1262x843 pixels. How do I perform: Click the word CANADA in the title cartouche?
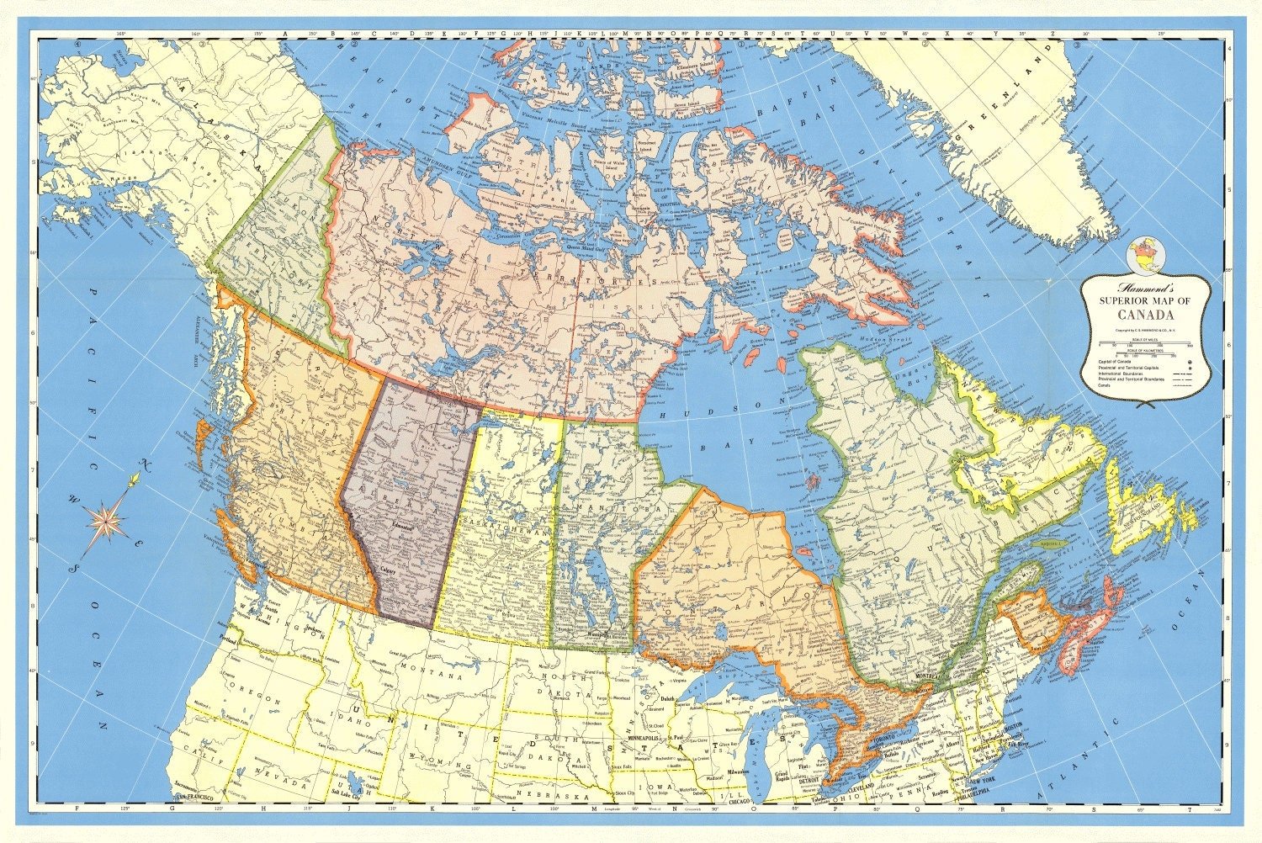(1145, 315)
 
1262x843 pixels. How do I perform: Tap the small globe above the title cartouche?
(1143, 252)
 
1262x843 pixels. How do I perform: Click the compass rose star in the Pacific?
(107, 519)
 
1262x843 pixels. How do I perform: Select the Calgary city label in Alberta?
(388, 570)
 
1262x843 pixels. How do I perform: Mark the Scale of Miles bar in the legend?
(1145, 343)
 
